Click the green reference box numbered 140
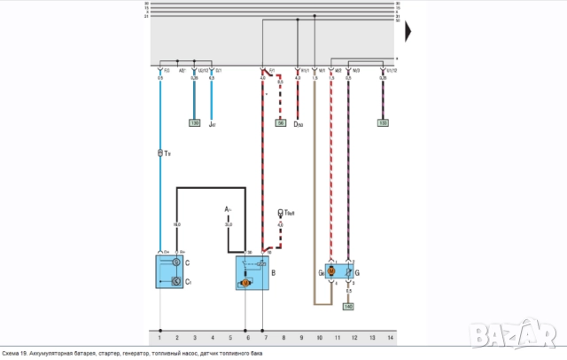click(348, 306)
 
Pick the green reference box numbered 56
click(281, 122)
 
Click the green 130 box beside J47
click(194, 122)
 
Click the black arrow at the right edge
click(408, 32)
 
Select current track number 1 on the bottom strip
click(159, 338)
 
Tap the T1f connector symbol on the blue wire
click(160, 154)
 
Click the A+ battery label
click(229, 209)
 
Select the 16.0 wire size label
click(177, 224)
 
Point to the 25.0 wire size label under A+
click(229, 224)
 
